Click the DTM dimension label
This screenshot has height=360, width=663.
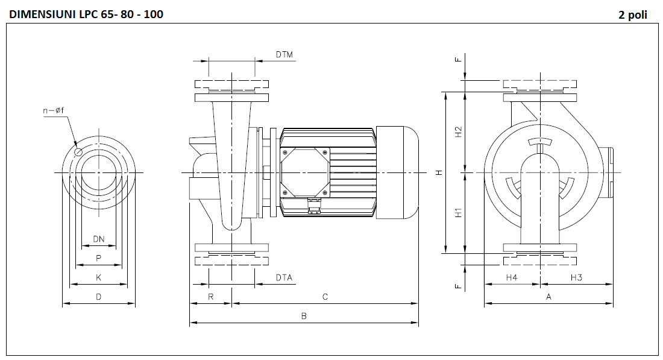[284, 55]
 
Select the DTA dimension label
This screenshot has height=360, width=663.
[284, 277]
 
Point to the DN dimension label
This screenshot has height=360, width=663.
[99, 239]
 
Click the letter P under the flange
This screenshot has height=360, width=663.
[99, 258]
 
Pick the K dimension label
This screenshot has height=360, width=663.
[99, 277]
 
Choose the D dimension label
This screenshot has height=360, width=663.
[99, 297]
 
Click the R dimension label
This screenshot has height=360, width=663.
[211, 297]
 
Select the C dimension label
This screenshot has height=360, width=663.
[325, 297]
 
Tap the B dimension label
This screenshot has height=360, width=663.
[304, 316]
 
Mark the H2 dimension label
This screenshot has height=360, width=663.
[458, 132]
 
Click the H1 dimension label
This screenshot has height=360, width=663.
[458, 213]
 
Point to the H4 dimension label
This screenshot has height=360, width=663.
[512, 277]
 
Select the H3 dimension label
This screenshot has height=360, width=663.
[576, 277]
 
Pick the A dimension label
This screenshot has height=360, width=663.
[548, 297]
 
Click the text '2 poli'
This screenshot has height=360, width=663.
[633, 14]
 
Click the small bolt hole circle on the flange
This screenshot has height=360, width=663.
[78, 152]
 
